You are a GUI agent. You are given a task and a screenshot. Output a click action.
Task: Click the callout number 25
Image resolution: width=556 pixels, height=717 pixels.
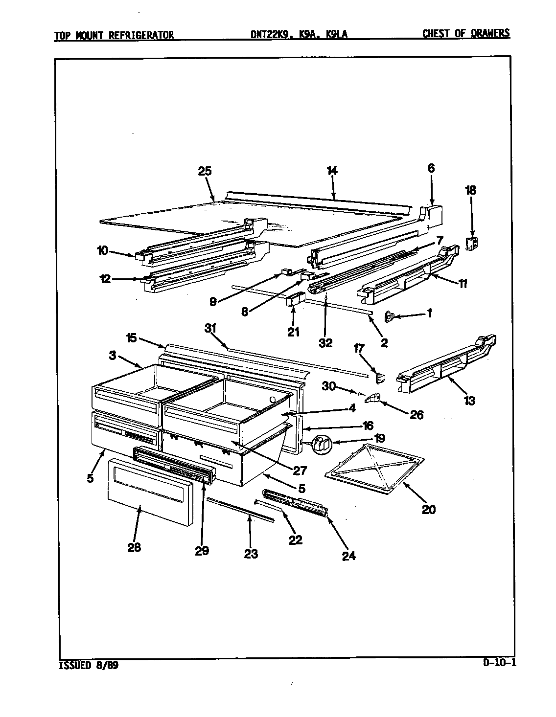(205, 171)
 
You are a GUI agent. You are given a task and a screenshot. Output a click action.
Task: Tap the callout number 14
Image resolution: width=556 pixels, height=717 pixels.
(332, 171)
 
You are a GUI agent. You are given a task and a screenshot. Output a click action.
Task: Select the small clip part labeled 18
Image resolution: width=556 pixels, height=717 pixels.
(472, 243)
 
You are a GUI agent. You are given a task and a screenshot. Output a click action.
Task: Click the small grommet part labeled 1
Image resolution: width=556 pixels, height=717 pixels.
(390, 317)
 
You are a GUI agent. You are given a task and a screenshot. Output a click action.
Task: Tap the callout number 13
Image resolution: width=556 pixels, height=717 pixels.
(469, 401)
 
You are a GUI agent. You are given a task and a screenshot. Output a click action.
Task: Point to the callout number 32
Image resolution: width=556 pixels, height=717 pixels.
(325, 343)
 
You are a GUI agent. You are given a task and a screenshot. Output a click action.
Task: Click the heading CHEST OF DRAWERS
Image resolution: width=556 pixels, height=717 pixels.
(465, 33)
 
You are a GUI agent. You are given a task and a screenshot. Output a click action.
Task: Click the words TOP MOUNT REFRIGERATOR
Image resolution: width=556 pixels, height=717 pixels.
(114, 35)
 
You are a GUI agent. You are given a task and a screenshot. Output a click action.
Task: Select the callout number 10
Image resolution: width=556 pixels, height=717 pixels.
(102, 251)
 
